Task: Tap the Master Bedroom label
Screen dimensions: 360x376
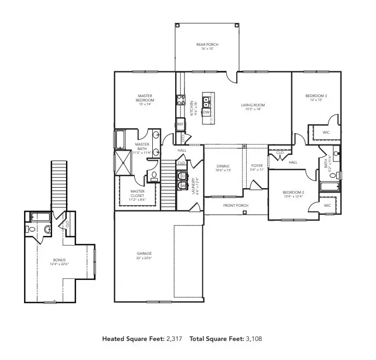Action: coord(145,98)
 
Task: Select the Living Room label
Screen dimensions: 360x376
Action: coord(253,105)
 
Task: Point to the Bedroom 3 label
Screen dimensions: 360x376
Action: coord(316,96)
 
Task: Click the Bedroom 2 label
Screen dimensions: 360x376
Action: coord(293,193)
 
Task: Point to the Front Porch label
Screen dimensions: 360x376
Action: coord(236,206)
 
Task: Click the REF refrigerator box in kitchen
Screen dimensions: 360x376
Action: coord(180,124)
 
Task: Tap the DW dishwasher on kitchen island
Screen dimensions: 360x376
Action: coord(206,112)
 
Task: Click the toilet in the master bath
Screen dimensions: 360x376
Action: coord(153,176)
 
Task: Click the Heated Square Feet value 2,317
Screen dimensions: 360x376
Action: coord(175,339)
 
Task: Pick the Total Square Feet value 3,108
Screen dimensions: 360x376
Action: coord(253,339)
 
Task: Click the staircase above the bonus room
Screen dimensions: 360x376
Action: coord(58,185)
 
